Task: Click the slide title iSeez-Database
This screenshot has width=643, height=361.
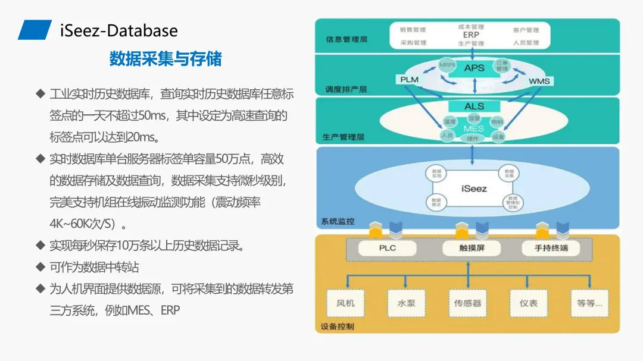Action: [x=119, y=30]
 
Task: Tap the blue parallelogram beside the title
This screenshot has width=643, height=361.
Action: [x=35, y=30]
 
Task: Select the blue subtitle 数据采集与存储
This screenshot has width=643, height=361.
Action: [x=165, y=58]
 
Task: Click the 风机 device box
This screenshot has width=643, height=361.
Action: [x=345, y=303]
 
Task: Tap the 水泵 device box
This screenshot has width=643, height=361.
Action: [x=406, y=303]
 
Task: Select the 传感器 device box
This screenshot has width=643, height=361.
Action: [x=467, y=303]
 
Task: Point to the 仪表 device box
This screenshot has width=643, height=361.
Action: [x=528, y=303]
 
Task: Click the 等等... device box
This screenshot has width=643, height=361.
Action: [x=589, y=303]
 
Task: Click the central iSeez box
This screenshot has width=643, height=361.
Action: [x=474, y=189]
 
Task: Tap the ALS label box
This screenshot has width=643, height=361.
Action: [x=475, y=106]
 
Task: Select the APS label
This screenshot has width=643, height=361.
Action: [x=475, y=68]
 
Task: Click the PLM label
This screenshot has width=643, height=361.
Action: [x=409, y=80]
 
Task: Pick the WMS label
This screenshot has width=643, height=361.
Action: [x=539, y=81]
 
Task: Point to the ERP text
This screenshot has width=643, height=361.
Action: [x=471, y=35]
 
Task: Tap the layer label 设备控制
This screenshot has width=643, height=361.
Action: [x=338, y=327]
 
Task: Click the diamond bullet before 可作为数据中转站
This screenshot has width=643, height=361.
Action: [x=40, y=267]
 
